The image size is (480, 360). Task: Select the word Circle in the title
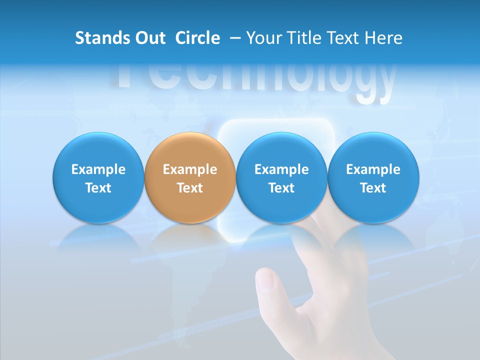click(197, 38)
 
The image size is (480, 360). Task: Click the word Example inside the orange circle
click(190, 169)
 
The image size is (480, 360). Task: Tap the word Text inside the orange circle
click(190, 188)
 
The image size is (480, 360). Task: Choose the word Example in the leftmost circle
click(98, 169)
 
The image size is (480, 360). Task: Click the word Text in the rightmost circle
click(373, 188)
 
